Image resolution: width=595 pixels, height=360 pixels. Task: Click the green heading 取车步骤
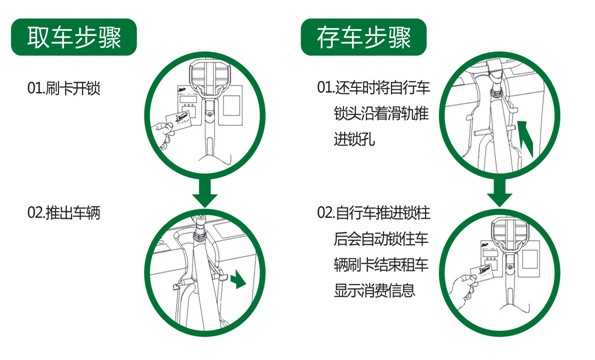point(74,37)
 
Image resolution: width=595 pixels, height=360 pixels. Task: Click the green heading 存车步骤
point(364,37)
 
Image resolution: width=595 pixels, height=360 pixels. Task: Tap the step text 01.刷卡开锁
point(64,88)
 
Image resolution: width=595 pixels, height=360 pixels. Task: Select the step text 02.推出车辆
point(64,212)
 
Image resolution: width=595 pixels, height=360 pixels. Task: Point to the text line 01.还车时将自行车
point(373,87)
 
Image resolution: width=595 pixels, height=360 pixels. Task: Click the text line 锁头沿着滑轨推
point(381,113)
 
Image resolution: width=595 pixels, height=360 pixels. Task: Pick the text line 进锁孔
point(354,139)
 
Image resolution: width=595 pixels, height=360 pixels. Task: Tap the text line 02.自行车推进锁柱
point(373,212)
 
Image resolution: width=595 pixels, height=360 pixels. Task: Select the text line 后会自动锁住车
point(381,239)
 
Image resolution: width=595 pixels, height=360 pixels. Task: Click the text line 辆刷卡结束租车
point(381,264)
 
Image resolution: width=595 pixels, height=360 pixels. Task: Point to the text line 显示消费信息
point(374,290)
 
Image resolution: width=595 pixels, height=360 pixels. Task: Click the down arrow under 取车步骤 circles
point(205,192)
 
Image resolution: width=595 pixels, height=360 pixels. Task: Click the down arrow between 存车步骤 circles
point(499,192)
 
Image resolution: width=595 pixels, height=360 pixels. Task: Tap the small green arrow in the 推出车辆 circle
point(238,279)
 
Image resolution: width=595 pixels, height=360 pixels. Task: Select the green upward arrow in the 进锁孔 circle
point(526,137)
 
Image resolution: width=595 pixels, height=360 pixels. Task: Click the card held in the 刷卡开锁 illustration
point(179,121)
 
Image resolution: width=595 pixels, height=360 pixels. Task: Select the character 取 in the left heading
point(38,37)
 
